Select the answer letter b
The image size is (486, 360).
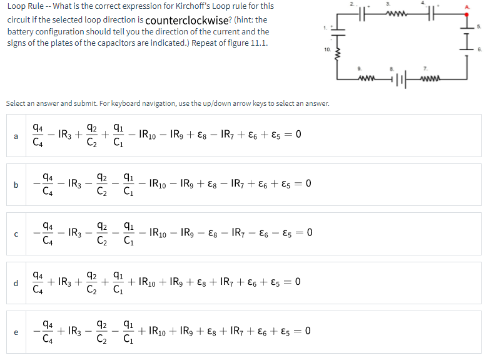tap(15, 185)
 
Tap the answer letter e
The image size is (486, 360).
tap(15, 332)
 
